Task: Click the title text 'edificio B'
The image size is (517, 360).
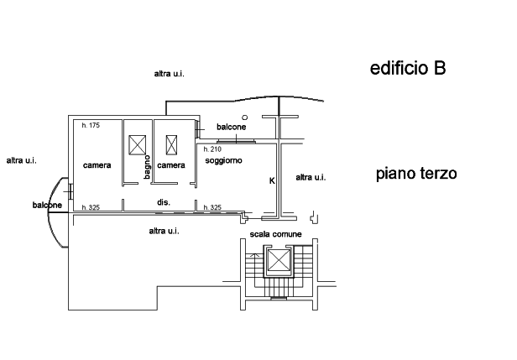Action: click(x=407, y=69)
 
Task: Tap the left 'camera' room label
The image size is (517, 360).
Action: click(x=97, y=165)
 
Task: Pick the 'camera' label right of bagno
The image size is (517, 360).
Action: click(x=170, y=165)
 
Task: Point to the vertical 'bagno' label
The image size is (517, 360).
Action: click(x=147, y=170)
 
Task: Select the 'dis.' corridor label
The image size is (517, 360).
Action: click(x=164, y=202)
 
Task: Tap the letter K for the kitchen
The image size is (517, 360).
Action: click(x=271, y=180)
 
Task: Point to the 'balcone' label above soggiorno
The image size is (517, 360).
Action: click(x=231, y=128)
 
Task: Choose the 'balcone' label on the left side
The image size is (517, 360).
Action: click(x=47, y=205)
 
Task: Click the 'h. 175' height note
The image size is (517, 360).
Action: click(x=91, y=126)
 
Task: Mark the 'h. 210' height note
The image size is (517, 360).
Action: click(x=212, y=149)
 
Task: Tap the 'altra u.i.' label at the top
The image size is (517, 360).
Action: click(x=170, y=75)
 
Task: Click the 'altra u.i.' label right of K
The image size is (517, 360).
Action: click(x=310, y=177)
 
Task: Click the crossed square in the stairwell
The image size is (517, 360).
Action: click(x=276, y=263)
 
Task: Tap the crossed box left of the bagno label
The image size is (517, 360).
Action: click(x=134, y=144)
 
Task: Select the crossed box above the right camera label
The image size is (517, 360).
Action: click(x=172, y=143)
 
